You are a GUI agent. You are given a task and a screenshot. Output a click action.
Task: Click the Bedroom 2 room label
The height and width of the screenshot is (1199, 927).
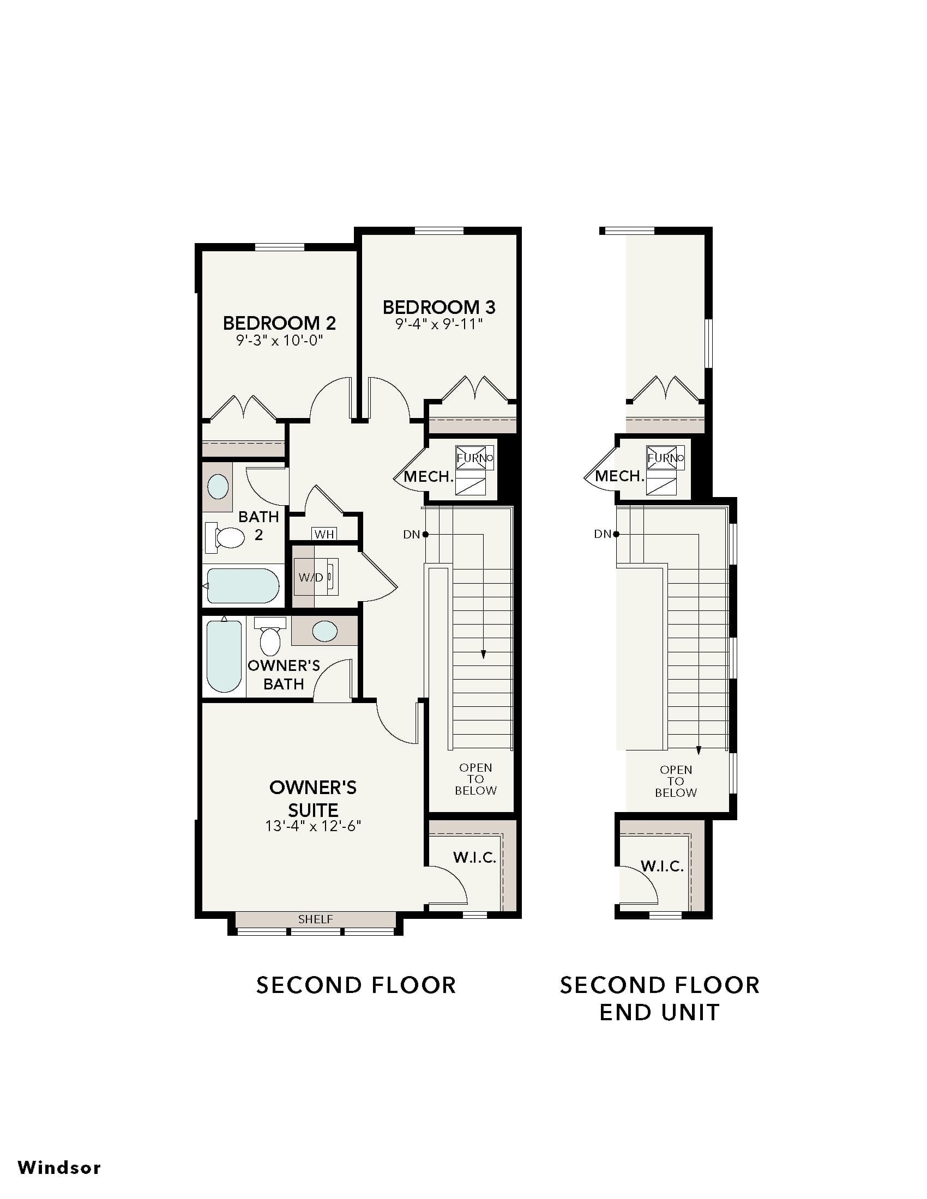coord(279,323)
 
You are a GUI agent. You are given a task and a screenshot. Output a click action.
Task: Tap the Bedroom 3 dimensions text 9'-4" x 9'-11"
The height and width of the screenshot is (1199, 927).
coord(439,324)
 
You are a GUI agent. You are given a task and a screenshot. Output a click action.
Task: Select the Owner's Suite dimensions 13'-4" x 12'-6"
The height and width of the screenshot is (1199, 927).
coord(313,826)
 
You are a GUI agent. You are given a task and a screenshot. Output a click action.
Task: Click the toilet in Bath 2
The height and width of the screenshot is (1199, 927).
coord(225,537)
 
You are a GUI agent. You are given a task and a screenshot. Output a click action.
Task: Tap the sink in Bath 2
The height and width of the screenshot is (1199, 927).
coord(218,486)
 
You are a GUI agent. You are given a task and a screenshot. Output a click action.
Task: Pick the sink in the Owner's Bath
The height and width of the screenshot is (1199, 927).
coord(324,631)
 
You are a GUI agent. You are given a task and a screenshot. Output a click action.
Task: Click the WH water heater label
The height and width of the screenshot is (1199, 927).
coord(324,534)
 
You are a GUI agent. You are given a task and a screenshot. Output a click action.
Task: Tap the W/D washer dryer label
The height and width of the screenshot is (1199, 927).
coord(311,578)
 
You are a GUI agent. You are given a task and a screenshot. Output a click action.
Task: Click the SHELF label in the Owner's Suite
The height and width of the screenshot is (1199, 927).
coord(315,919)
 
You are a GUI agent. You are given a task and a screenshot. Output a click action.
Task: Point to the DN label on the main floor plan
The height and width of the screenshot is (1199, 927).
coord(412,534)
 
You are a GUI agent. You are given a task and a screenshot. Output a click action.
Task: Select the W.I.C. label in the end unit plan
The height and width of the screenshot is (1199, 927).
coord(662,867)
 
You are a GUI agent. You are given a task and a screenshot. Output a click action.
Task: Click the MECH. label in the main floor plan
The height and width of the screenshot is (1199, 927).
coord(429,476)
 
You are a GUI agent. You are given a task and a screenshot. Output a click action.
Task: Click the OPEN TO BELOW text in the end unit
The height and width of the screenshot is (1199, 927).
coord(676,781)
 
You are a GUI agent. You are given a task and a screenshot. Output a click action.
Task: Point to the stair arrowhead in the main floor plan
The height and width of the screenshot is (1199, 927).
coord(483,654)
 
